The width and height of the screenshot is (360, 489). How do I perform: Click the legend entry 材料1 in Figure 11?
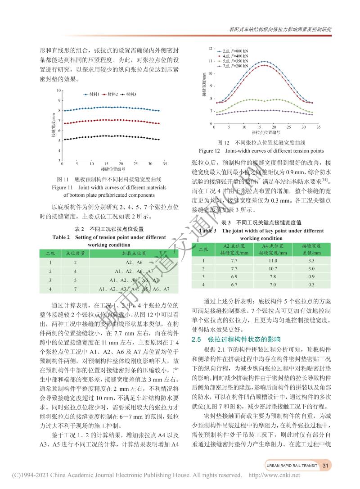pos(94,94)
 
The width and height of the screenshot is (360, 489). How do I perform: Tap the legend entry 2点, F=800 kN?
pos(235,51)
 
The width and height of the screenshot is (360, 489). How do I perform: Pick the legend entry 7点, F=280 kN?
pos(235,66)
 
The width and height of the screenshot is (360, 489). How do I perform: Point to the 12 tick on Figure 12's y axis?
pos(210,48)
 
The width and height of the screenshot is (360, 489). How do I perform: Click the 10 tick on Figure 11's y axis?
pos(58,90)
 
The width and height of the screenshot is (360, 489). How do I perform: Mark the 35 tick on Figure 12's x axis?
pos(318,127)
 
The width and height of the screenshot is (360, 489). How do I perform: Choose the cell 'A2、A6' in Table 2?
pos(134,262)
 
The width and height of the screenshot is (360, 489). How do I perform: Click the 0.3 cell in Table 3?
pos(310,285)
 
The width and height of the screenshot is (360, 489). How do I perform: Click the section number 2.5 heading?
pos(198,339)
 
